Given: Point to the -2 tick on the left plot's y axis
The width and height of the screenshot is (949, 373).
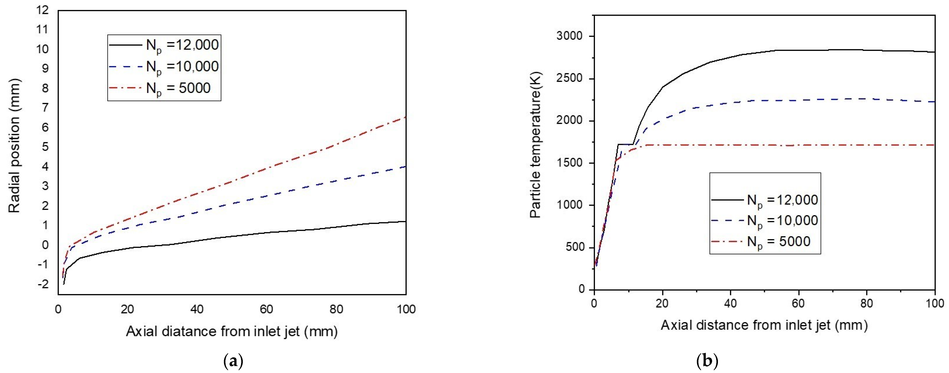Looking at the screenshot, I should point(43,284).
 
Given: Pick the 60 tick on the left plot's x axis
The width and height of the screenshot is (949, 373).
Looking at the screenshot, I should point(266,309).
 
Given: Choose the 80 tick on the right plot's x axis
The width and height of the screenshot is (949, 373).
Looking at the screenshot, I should point(866,303).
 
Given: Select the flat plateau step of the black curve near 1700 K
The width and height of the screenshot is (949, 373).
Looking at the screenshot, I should point(625,144).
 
